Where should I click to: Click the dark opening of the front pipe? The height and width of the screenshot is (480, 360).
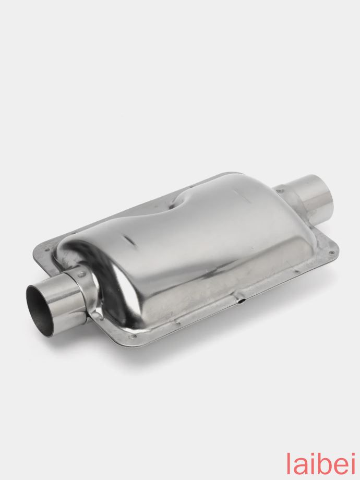click(39, 306)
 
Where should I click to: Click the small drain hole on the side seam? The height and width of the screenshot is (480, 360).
click(243, 301)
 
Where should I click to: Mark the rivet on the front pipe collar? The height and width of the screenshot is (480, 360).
click(80, 271)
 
